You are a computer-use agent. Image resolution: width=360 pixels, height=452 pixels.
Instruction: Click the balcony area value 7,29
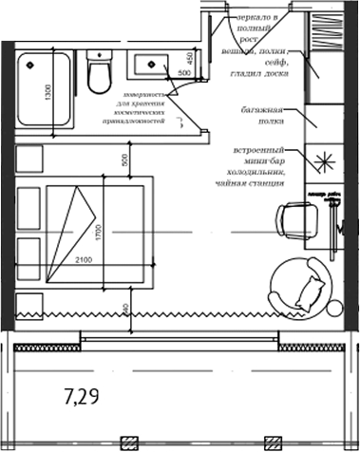pyautogui.click(x=83, y=392)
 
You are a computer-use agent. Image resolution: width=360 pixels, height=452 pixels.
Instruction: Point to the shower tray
pyautogui.click(x=45, y=89)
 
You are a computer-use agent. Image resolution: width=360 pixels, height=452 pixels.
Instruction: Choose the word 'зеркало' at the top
pyautogui.click(x=254, y=17)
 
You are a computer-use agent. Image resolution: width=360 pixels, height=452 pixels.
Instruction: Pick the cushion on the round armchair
pyautogui.click(x=310, y=290)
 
